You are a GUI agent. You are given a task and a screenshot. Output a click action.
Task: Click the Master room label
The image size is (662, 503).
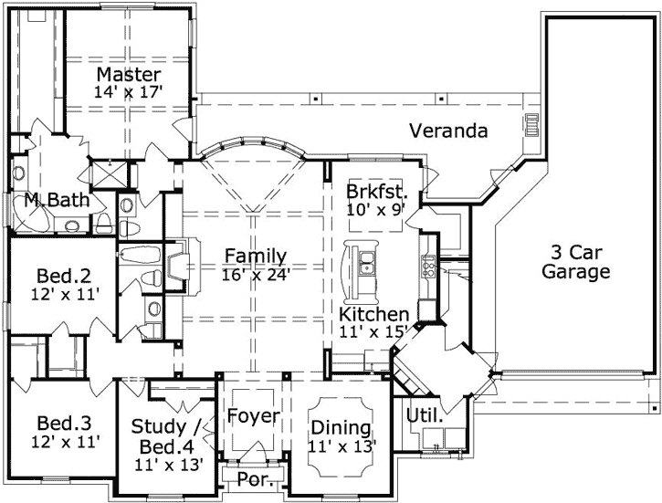tap(129, 74)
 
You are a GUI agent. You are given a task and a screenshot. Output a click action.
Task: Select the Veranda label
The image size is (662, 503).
tap(447, 131)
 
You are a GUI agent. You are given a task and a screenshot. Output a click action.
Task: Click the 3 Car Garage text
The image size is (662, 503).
tap(575, 261)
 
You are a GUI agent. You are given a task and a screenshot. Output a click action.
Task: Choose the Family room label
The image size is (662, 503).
tap(256, 256)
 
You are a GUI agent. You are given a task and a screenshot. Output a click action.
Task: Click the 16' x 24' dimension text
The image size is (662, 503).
tap(256, 273)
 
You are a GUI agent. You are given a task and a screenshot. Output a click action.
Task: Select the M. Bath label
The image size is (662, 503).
tap(57, 199)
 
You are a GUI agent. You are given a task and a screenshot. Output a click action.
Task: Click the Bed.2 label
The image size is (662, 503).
tap(62, 275)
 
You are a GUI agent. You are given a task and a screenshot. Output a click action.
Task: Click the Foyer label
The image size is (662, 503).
tap(253, 416)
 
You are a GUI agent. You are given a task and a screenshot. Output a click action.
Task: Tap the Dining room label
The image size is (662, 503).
tap(341, 427)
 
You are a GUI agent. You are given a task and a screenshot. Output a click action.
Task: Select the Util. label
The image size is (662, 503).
tap(425, 415)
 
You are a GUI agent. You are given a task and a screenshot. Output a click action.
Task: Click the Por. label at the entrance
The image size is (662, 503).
tap(253, 479)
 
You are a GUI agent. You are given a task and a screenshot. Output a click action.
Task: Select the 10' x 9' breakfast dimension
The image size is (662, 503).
tap(376, 209)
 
